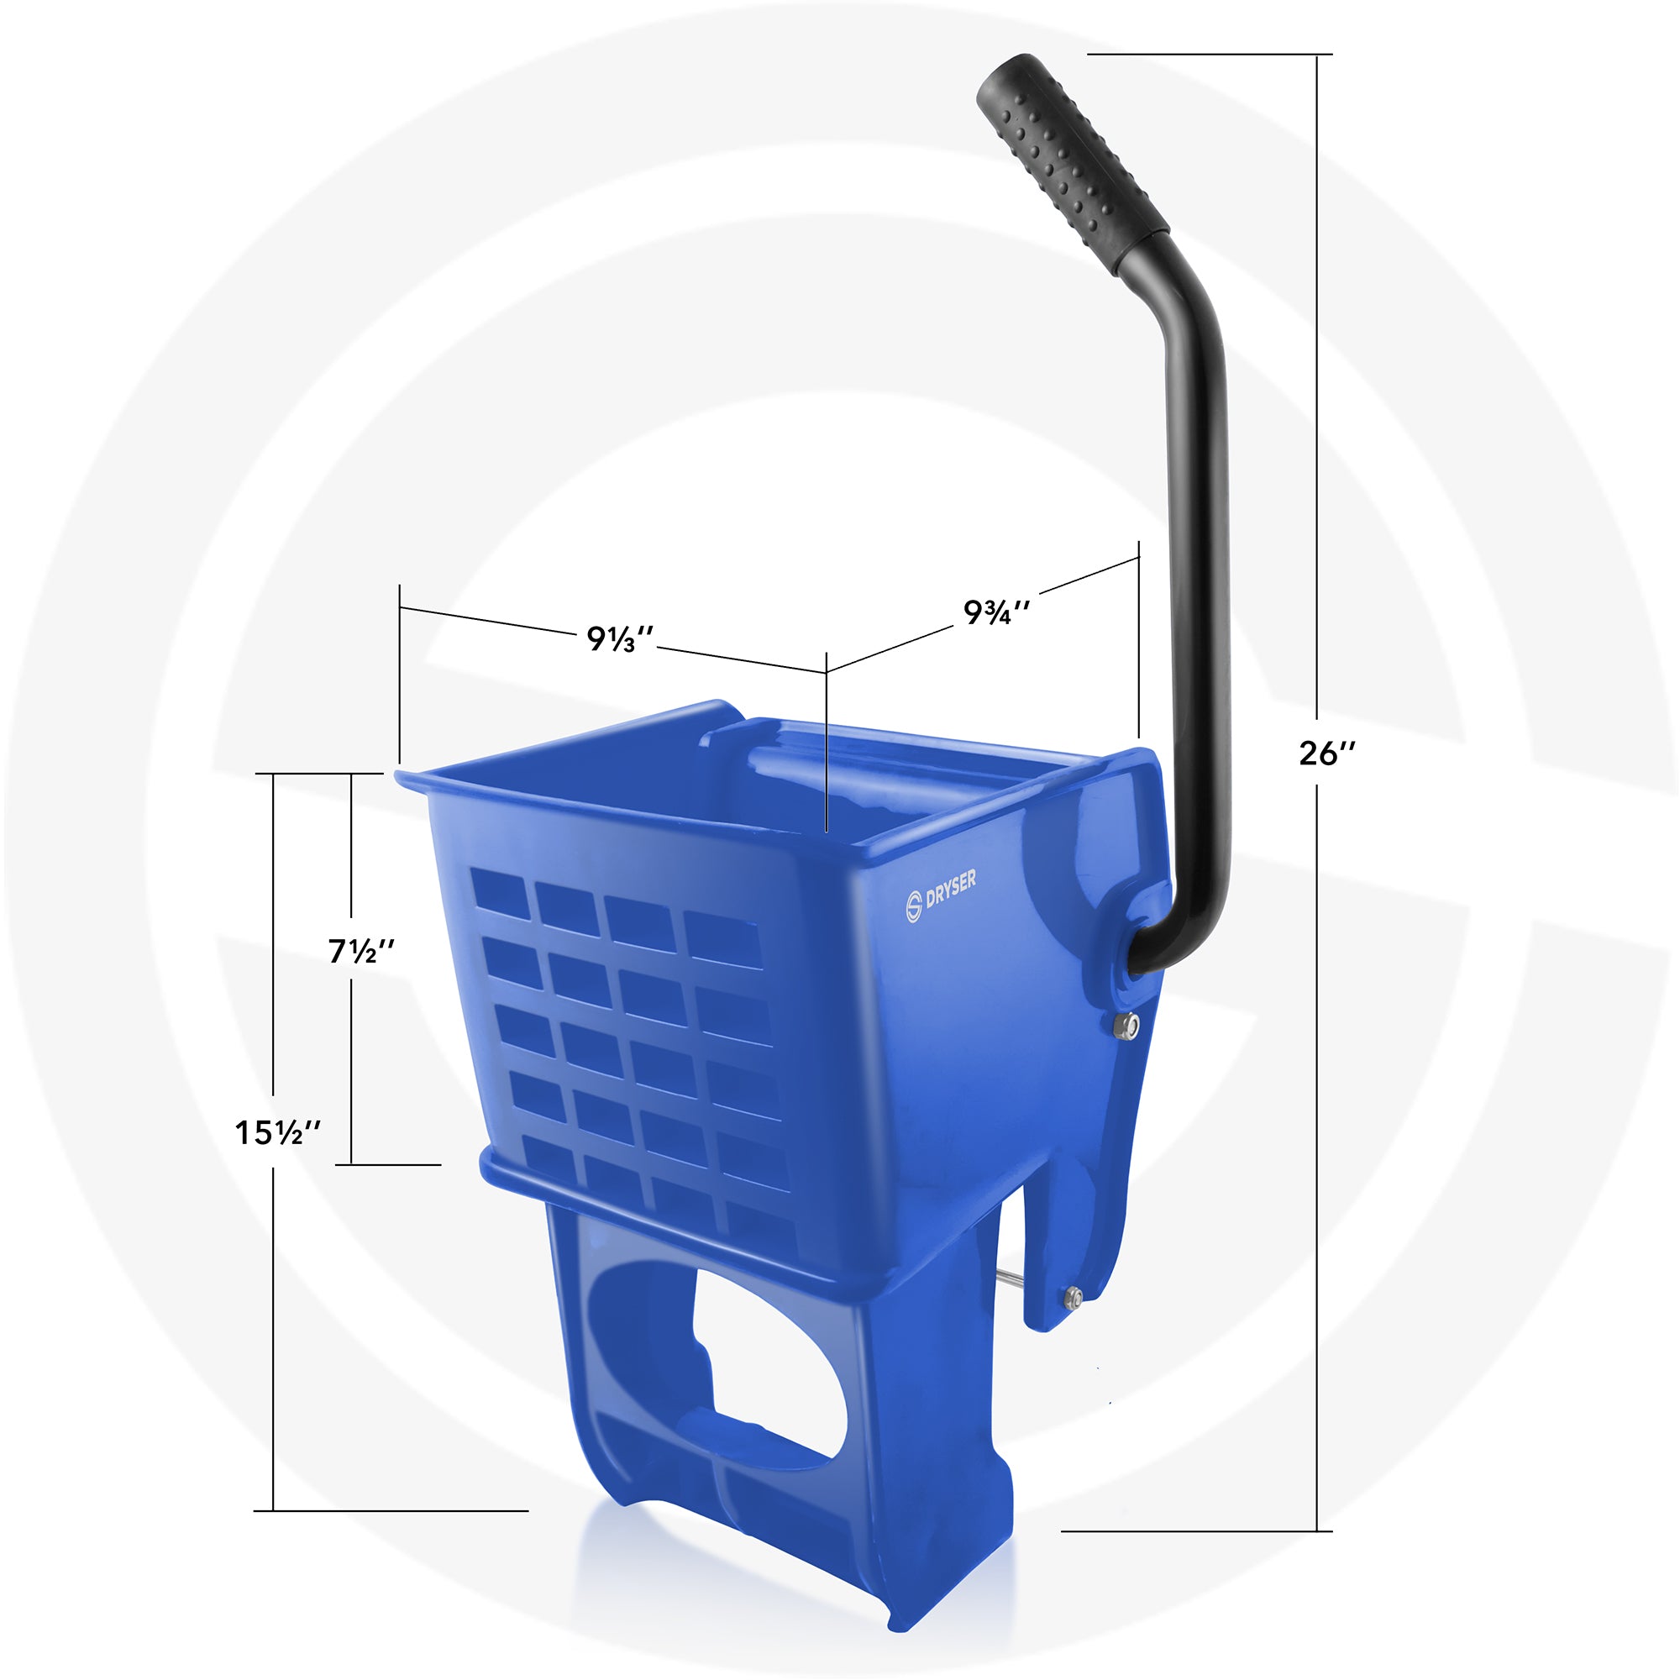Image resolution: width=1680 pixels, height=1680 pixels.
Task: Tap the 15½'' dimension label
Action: point(278,1132)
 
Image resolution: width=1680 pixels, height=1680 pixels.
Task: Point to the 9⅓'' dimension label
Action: point(619,639)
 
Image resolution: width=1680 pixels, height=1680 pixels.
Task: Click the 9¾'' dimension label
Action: point(996,612)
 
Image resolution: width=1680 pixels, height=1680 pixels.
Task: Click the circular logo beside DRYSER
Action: point(913,906)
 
